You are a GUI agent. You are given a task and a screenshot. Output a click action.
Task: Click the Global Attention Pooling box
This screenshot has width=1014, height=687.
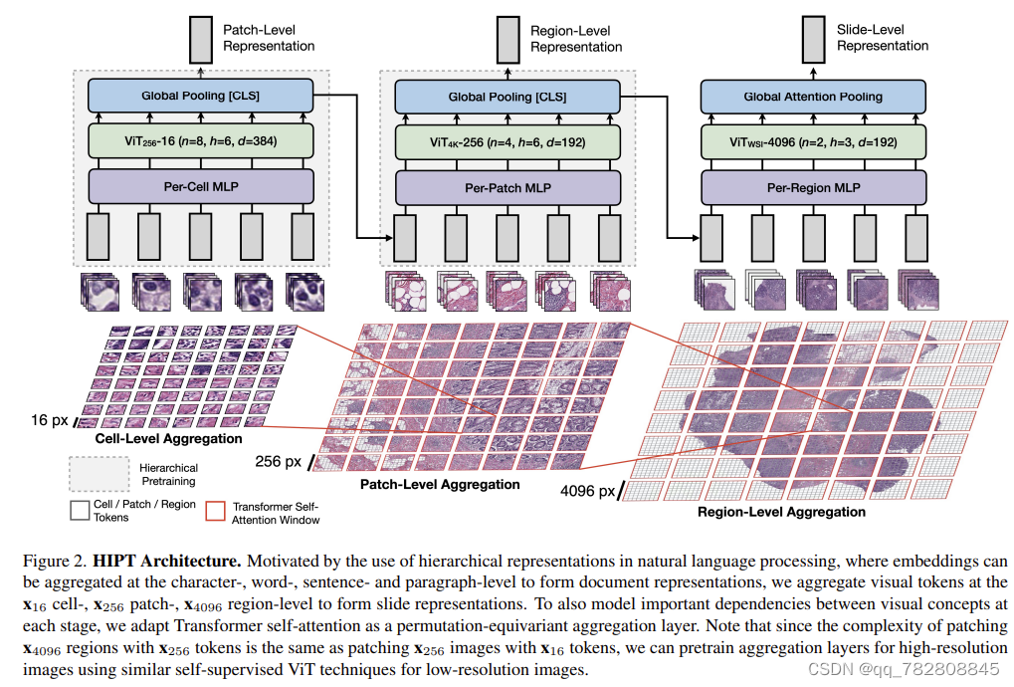click(813, 97)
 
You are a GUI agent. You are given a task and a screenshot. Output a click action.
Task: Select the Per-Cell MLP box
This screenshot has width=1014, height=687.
click(201, 186)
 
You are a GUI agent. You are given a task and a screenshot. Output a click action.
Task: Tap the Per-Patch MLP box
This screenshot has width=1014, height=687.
click(507, 186)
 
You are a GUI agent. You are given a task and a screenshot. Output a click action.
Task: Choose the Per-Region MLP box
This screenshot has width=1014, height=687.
click(813, 186)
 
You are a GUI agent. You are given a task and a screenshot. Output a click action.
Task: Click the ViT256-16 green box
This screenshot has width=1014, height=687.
click(201, 141)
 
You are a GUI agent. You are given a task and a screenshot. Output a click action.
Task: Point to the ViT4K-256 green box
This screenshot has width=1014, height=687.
click(507, 141)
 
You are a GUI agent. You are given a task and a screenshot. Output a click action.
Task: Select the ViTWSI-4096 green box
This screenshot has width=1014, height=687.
click(813, 141)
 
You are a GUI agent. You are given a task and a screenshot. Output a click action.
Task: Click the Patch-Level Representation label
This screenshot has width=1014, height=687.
click(268, 38)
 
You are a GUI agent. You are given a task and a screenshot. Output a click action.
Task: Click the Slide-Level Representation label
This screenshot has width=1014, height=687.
click(882, 38)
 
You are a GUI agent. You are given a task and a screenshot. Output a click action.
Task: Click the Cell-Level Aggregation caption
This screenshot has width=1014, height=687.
click(168, 438)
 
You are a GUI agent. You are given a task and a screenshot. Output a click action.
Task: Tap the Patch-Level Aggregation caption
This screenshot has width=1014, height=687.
click(439, 484)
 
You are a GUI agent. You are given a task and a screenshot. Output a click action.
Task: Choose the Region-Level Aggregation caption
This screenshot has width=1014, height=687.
click(781, 512)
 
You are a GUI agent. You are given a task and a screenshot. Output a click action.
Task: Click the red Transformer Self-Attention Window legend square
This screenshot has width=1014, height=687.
click(214, 511)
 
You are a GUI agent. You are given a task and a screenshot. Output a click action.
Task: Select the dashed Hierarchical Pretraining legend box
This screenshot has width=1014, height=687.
click(99, 473)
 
